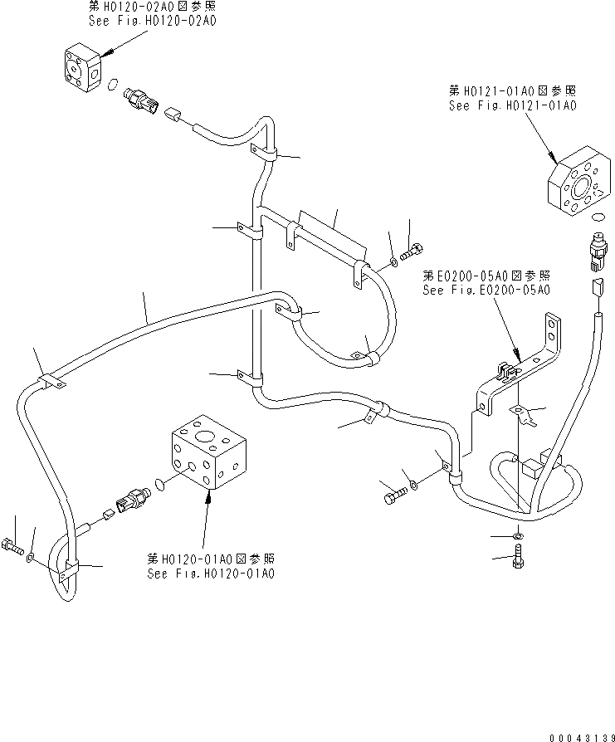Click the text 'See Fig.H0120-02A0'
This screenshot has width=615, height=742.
[x=152, y=22]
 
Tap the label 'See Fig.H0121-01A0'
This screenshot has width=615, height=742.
[x=512, y=105]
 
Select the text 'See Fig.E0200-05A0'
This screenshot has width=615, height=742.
[x=486, y=290]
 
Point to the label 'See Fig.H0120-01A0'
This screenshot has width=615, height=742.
[x=211, y=574]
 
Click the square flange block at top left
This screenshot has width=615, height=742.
[x=82, y=66]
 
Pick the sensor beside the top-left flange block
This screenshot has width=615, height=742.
[x=140, y=99]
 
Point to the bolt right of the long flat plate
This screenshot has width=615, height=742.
[x=410, y=249]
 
